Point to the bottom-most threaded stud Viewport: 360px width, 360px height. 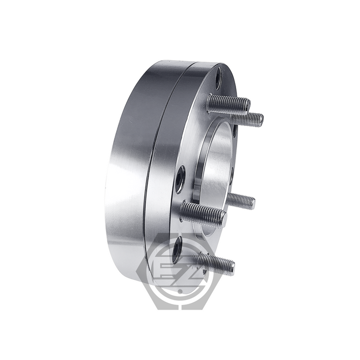click(x=216, y=263)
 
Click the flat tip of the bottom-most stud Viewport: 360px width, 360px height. click(x=232, y=267)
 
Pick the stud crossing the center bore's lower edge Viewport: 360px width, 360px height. click(x=203, y=212)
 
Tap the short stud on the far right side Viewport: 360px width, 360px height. click(x=242, y=200)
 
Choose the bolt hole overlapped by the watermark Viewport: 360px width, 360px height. click(x=177, y=247)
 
